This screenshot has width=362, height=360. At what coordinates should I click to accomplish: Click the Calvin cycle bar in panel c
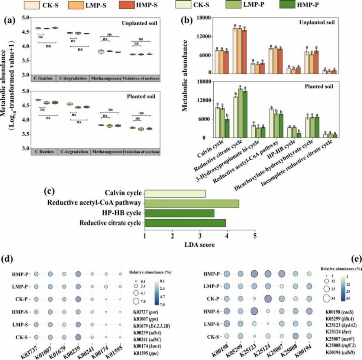click(x=175, y=194)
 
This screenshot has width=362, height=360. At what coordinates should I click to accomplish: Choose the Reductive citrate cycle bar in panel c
click(x=185, y=223)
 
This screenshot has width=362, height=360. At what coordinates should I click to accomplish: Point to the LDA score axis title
click(x=199, y=246)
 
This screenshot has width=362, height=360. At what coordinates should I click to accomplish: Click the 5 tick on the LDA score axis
click(x=255, y=237)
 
